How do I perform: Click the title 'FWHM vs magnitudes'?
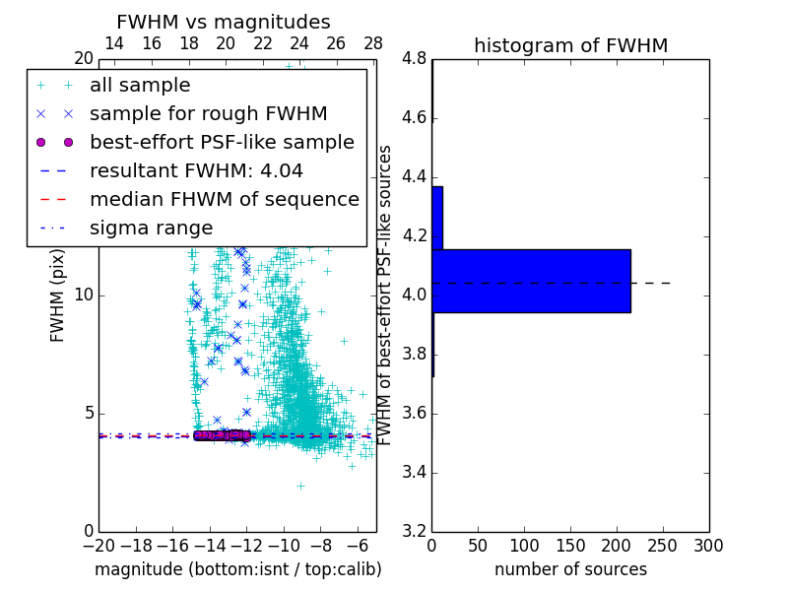tap(223, 23)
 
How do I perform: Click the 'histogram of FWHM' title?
tap(570, 45)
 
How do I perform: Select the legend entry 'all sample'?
tap(140, 86)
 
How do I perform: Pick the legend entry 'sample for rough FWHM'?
tap(208, 114)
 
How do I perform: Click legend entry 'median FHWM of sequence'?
tap(224, 200)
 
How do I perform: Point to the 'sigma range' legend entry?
tap(151, 229)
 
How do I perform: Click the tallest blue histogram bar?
tap(531, 281)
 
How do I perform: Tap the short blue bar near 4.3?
tap(437, 218)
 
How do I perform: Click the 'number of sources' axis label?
tap(570, 569)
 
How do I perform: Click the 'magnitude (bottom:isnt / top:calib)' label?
tap(237, 569)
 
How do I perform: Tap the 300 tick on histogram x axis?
tap(708, 546)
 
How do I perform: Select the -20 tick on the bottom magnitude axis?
tap(98, 546)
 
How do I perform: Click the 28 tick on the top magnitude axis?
tap(373, 43)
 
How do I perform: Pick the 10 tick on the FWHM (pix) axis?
tap(85, 295)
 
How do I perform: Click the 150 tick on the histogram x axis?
tap(570, 546)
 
